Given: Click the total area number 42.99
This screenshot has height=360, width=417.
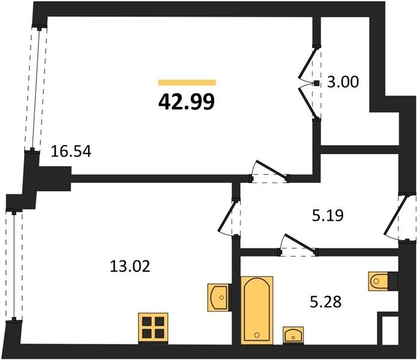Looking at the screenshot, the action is pos(187,103).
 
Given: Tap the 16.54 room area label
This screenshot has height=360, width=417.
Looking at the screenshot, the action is pos(71,152).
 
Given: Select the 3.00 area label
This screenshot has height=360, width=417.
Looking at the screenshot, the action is pos(343,82).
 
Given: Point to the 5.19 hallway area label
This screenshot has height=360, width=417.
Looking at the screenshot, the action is pos(328,215).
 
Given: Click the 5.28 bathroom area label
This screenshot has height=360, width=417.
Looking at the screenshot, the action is pos(326,302).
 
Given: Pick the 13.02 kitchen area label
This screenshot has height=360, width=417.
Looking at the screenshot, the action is pos(130,266).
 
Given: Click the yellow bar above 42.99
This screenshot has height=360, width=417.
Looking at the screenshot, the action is pos(187,82).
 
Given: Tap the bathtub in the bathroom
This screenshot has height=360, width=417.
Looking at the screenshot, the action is pos(257,310).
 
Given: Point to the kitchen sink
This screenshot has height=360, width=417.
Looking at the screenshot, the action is pos(219,297).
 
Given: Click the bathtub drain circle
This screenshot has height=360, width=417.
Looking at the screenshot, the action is pos(257,335).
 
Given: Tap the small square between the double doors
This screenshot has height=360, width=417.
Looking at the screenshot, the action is pos(316,83).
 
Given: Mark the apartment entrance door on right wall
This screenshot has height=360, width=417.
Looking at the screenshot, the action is pos(394,216).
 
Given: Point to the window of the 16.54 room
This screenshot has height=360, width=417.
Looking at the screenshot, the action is pos(36,89).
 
